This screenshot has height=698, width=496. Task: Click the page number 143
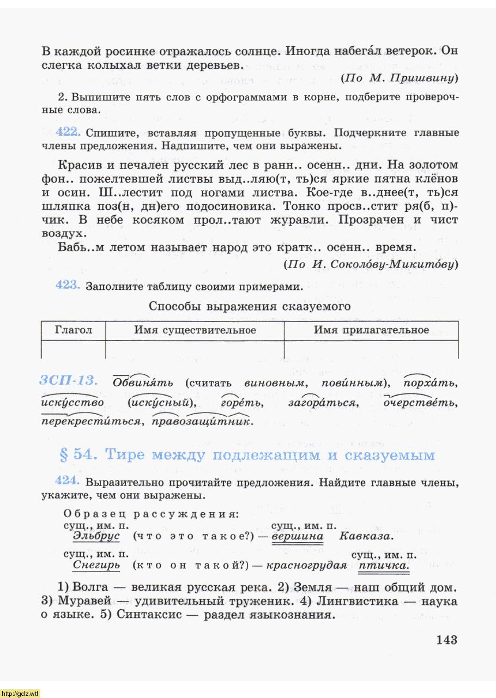point(446,640)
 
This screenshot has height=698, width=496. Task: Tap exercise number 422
point(69,132)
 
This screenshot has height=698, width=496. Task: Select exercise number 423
point(69,286)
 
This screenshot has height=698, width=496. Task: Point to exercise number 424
point(69,482)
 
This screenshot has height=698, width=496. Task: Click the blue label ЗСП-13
point(68,381)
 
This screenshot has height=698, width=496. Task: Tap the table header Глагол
point(74,330)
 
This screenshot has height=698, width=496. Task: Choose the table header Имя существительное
point(195,330)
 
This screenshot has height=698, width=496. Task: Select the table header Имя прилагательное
point(371,330)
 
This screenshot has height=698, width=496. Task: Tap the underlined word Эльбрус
point(96,536)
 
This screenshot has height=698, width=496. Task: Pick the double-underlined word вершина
point(297,536)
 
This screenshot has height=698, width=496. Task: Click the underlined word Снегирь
point(96,565)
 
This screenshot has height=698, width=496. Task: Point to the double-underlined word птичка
point(384,565)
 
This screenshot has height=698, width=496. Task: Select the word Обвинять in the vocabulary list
point(143,383)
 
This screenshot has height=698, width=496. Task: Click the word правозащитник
point(203,421)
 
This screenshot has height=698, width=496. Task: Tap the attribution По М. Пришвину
point(399,78)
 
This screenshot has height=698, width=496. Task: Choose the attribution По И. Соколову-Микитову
point(371,264)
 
